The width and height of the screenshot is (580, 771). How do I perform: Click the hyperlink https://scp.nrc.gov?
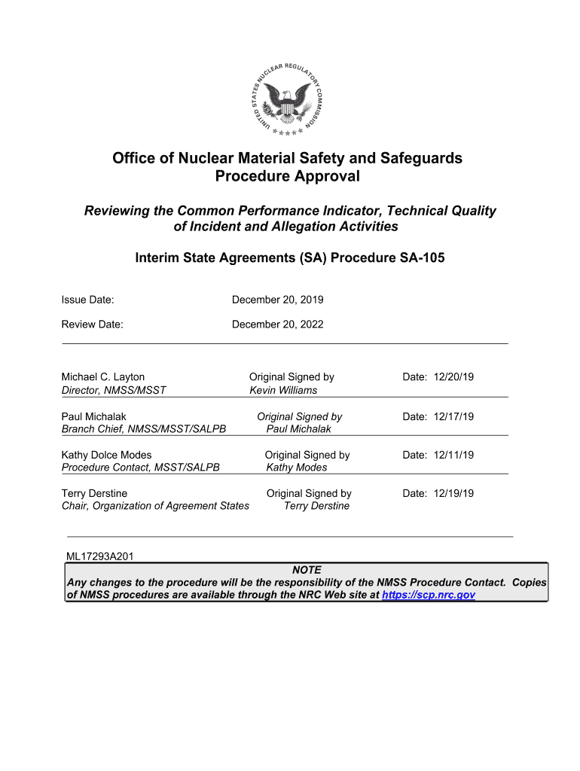pyautogui.click(x=429, y=595)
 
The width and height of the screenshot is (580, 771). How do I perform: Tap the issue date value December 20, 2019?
pyautogui.click(x=277, y=300)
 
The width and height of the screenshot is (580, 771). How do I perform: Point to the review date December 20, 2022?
pyautogui.click(x=277, y=325)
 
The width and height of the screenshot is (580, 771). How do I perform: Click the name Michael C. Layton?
pyautogui.click(x=102, y=376)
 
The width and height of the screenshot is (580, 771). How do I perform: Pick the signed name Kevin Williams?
pyautogui.click(x=283, y=390)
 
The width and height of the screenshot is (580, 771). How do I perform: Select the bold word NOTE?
pyautogui.click(x=307, y=570)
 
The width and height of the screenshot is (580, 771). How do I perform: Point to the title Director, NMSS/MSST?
pyautogui.click(x=113, y=390)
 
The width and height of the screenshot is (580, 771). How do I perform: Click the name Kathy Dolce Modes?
pyautogui.click(x=106, y=455)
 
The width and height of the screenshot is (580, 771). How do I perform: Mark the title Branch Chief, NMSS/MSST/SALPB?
pyautogui.click(x=143, y=429)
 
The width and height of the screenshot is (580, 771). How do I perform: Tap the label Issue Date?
pyautogui.click(x=87, y=300)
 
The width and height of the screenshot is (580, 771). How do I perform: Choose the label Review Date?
pyautogui.click(x=92, y=325)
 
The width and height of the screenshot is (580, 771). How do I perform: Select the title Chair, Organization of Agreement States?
pyautogui.click(x=154, y=506)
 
